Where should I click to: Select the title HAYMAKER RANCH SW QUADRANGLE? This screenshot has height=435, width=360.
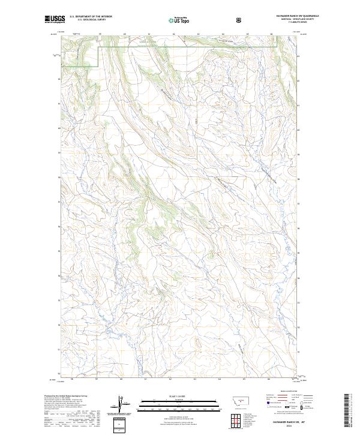[293, 16]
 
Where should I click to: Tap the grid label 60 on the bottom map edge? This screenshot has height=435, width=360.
[121, 379]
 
